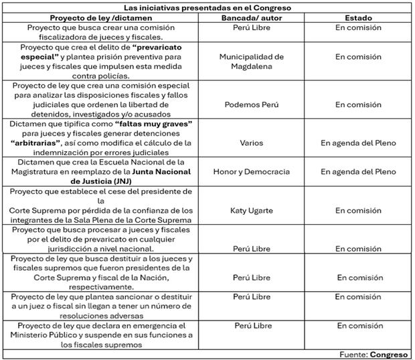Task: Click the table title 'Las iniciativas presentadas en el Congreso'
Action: click(207, 7)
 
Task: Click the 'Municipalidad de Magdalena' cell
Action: click(251, 62)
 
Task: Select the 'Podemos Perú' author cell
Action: click(251, 104)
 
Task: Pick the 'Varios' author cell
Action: click(251, 143)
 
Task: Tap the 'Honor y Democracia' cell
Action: click(251, 172)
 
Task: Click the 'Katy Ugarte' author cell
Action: click(251, 210)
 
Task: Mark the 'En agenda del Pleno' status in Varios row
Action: click(358, 143)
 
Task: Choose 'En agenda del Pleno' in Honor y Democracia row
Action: click(358, 172)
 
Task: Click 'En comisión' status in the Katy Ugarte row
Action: click(358, 210)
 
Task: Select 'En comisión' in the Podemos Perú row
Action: click(358, 104)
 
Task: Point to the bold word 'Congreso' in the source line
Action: click(390, 354)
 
